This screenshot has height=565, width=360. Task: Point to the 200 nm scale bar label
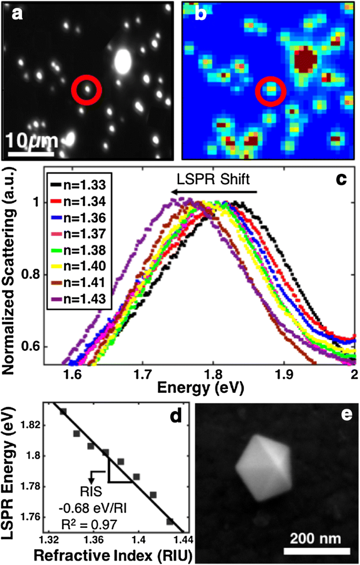pyautogui.click(x=317, y=538)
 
